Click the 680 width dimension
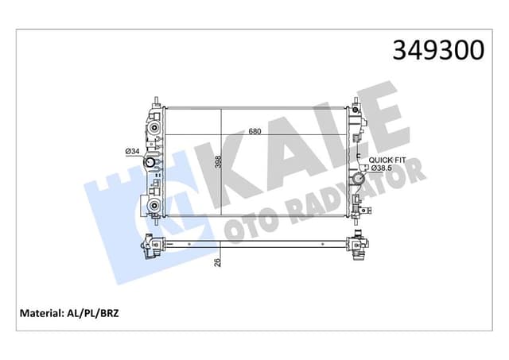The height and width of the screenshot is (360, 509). point(254,132)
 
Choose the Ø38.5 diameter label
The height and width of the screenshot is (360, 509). point(383,168)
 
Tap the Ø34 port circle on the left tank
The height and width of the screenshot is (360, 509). point(150,165)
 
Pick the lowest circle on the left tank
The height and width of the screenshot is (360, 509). point(151,207)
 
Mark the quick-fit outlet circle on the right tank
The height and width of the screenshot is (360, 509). point(357,180)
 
